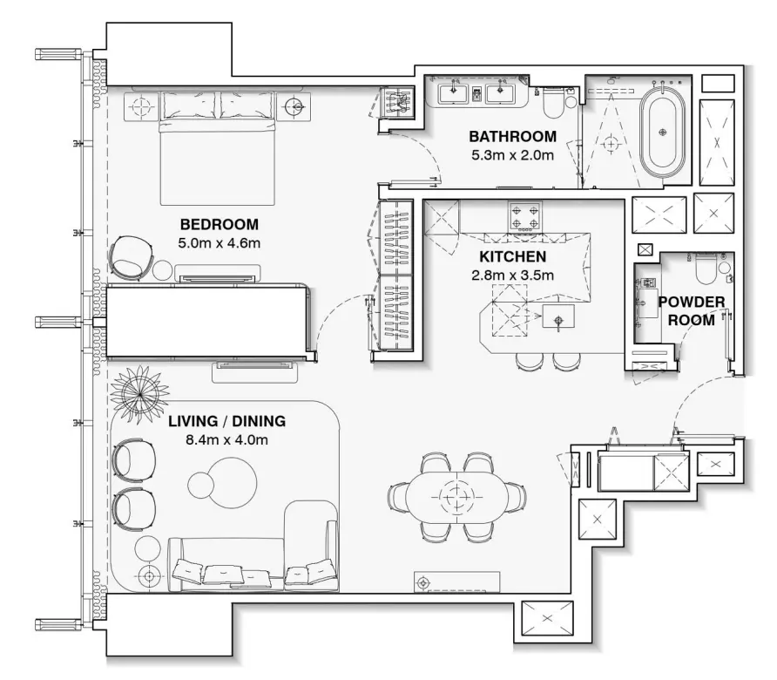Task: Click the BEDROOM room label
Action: click(x=220, y=222)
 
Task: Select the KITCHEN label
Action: click(x=512, y=257)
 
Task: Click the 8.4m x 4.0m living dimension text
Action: click(x=226, y=440)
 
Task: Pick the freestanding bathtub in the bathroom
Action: click(x=664, y=132)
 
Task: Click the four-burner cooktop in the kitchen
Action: click(x=525, y=215)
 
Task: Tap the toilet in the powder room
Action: click(x=707, y=267)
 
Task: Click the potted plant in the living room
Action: click(x=140, y=393)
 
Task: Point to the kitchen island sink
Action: click(x=559, y=318)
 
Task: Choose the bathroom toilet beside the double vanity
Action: click(x=551, y=105)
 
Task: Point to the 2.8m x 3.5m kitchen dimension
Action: click(x=512, y=275)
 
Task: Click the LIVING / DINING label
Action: click(x=226, y=422)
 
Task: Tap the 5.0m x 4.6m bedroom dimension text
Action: click(x=220, y=243)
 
